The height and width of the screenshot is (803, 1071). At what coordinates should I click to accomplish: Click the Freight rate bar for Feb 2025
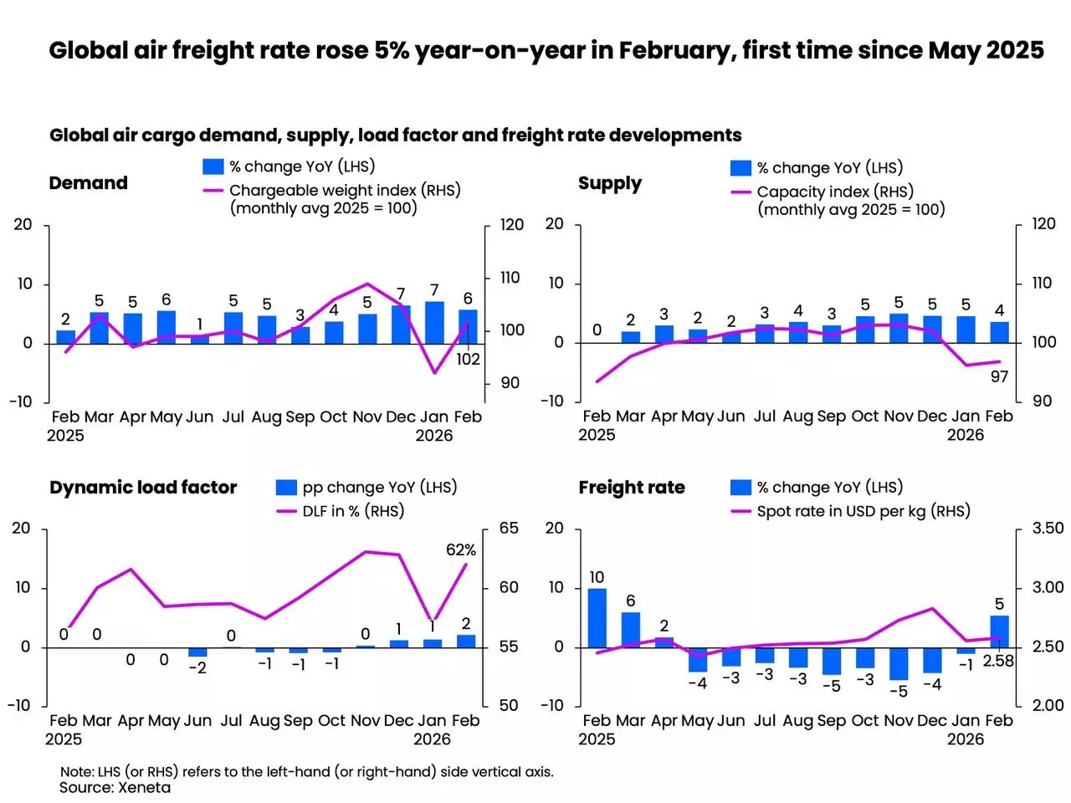(597, 617)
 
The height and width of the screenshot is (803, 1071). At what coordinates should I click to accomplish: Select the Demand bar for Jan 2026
(434, 323)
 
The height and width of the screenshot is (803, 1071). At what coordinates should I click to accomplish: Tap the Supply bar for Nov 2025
(899, 328)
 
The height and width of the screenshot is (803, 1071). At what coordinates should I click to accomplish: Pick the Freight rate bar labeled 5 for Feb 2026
(999, 632)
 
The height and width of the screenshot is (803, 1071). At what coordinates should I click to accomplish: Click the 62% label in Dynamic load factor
(461, 550)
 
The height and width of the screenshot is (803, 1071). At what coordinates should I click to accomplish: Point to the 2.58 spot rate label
(998, 661)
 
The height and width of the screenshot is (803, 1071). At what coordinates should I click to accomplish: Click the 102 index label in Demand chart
(468, 359)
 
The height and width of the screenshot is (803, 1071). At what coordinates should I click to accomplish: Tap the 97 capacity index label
(999, 376)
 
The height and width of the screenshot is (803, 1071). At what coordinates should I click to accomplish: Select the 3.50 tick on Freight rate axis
(1048, 528)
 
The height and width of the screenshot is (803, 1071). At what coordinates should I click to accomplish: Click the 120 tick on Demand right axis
(511, 224)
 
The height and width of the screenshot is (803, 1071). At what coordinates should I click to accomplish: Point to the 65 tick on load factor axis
(509, 528)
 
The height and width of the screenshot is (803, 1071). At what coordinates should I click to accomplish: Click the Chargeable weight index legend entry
(344, 191)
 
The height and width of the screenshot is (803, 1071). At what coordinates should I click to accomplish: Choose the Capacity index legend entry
(834, 192)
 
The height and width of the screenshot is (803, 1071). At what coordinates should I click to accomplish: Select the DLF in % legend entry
(352, 510)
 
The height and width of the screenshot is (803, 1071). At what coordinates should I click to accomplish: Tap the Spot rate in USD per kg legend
(863, 510)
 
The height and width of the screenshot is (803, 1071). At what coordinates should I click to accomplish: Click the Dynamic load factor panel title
(143, 487)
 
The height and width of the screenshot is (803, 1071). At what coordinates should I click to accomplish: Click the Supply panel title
(610, 183)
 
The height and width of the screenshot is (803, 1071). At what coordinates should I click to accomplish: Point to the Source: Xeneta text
(115, 787)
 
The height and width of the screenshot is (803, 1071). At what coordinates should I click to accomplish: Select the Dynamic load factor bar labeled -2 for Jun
(197, 652)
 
